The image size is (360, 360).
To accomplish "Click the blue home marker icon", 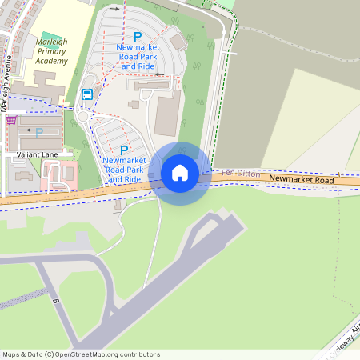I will point(180,173).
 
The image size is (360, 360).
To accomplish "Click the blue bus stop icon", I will point(86,94).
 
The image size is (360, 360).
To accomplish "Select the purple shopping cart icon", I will point(11,121).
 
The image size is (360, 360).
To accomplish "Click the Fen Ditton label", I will point(241,173).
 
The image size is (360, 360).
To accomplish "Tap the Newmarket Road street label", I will point(301,180).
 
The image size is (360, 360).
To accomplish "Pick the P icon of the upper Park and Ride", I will point(137,37).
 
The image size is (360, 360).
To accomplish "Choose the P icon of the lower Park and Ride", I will point(124,150).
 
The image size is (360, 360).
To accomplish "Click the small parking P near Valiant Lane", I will point(38,133).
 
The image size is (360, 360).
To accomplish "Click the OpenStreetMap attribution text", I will point(81,354).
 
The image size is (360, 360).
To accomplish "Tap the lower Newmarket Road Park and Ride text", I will point(123,170).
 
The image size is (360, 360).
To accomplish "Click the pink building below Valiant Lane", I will point(58,171).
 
